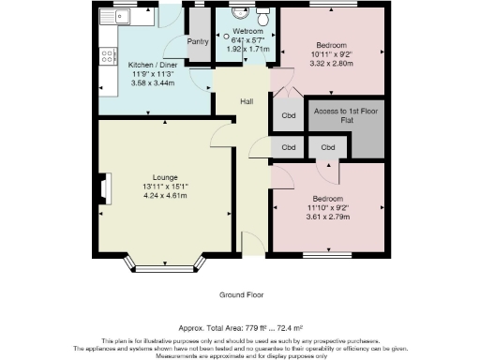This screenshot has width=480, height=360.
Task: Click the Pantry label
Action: pos(198,41)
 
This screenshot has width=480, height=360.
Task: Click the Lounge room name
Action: pos(165,176)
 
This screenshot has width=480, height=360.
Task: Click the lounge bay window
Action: pos(164,268)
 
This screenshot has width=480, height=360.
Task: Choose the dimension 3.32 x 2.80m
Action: pos(331,63)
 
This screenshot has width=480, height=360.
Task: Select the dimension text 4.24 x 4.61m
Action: pos(165,196)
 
